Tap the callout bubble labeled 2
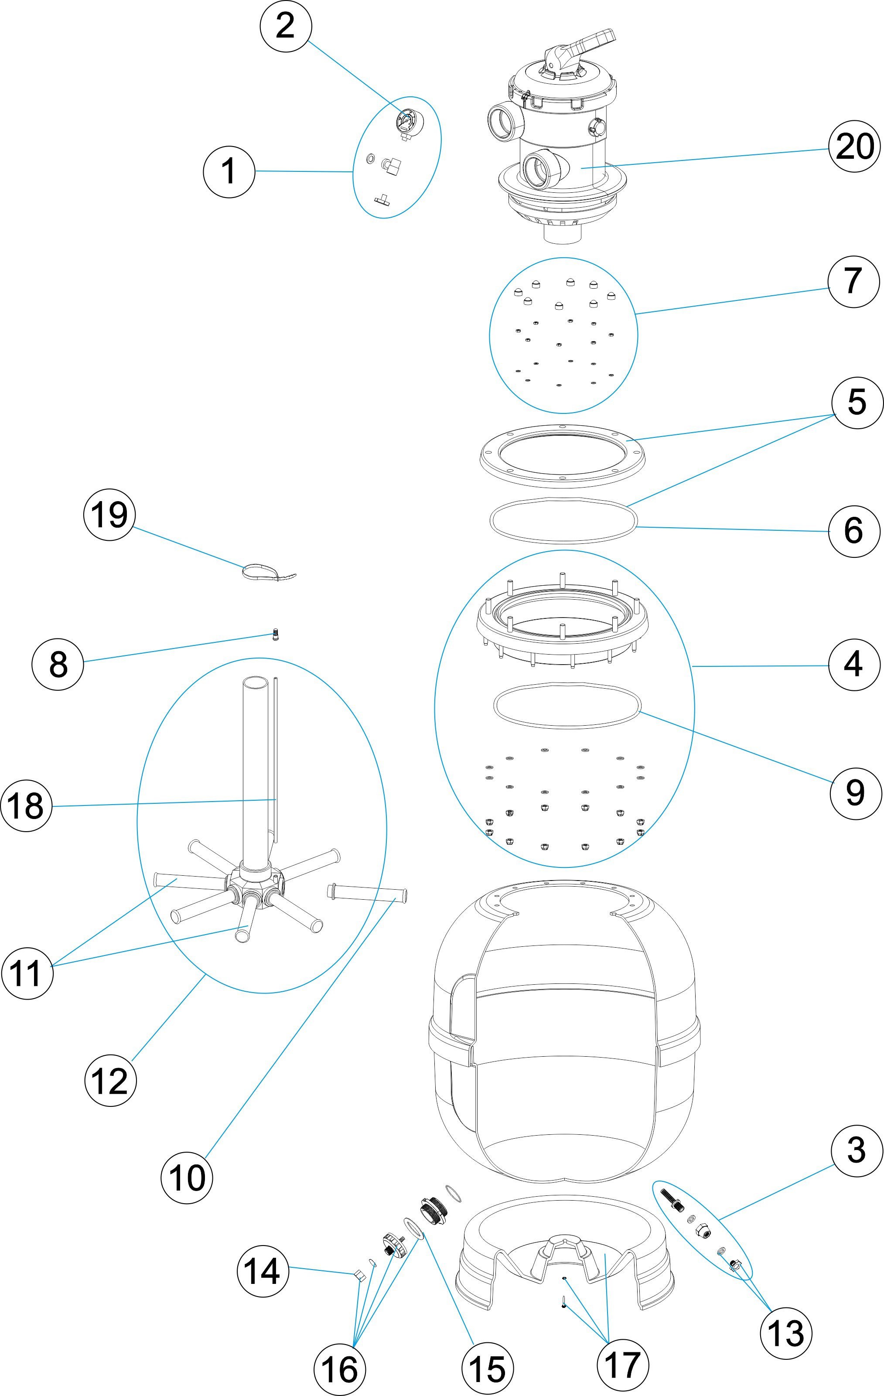[x=286, y=26]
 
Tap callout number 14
[x=263, y=1272]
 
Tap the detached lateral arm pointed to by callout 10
[x=368, y=907]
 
